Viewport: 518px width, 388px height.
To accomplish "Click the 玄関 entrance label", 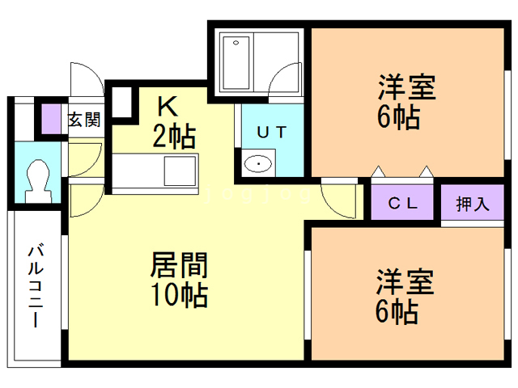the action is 84,120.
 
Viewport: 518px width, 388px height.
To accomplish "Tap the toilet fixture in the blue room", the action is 38,181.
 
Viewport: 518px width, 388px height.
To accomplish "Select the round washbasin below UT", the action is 258,163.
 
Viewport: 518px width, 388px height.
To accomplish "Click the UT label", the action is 272,133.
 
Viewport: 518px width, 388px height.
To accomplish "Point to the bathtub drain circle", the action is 236,43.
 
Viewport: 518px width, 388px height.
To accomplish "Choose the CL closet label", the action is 402,203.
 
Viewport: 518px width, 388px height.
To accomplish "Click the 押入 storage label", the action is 473,204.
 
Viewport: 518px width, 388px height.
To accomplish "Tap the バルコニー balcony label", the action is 36,285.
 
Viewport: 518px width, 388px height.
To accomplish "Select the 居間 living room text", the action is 179,264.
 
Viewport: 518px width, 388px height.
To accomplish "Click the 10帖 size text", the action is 180,294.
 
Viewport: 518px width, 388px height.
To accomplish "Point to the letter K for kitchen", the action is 168,106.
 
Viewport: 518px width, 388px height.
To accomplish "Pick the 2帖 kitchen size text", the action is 174,136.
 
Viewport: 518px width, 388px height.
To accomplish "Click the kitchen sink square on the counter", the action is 180,171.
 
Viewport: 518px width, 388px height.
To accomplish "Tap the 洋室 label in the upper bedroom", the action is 407,87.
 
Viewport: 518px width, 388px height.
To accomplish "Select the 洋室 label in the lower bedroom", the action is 405,281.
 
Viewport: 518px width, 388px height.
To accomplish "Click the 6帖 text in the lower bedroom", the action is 397,311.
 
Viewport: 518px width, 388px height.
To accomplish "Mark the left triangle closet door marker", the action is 378,171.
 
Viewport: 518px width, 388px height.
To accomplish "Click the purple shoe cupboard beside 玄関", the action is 51,119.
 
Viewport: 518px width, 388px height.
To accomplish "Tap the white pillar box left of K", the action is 122,102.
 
